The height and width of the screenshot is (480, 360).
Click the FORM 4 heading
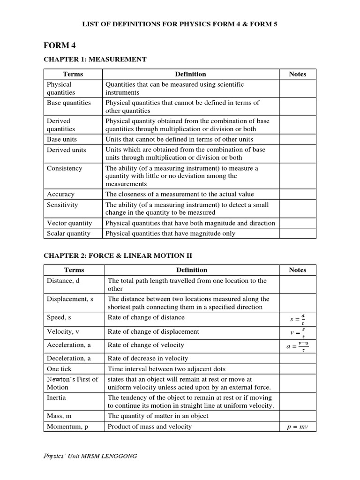[60, 45]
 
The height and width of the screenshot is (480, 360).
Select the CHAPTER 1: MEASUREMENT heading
[95, 60]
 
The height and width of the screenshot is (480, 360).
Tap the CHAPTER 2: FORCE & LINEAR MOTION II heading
[118, 255]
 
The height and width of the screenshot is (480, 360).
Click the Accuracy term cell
[60, 194]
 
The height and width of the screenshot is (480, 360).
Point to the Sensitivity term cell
[62, 205]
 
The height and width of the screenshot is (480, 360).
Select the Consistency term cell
[64, 168]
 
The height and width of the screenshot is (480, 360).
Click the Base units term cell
[62, 139]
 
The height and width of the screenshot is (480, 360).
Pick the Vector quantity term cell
[69, 223]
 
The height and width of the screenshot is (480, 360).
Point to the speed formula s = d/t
[298, 319]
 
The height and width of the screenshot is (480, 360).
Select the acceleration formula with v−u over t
[298, 347]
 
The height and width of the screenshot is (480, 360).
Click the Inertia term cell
[56, 397]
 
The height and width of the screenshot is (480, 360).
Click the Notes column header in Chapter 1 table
[298, 74]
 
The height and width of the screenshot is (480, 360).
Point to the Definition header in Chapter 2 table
[191, 270]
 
